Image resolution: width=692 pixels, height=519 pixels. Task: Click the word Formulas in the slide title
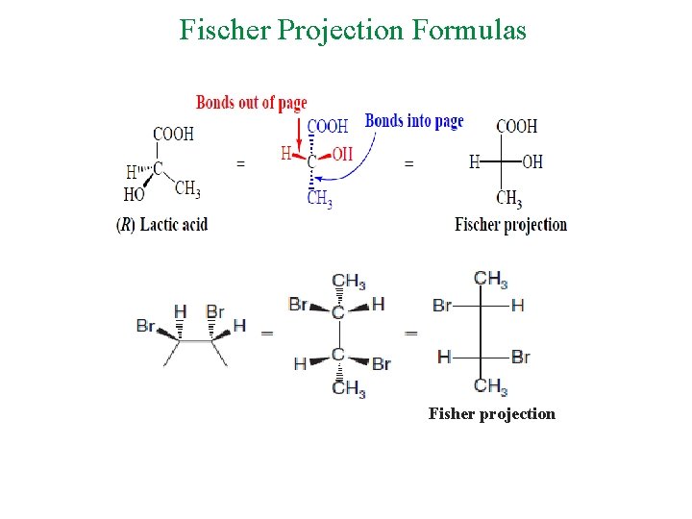470,30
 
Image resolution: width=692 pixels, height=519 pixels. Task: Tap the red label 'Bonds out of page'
252,103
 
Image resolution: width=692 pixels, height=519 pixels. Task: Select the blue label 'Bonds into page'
414,121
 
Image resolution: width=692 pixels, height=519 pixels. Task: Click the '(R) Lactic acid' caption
161,225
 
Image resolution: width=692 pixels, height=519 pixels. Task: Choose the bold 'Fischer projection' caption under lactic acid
510,225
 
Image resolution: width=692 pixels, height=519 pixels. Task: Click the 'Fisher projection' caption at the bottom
491,414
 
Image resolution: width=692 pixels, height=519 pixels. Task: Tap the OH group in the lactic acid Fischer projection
532,161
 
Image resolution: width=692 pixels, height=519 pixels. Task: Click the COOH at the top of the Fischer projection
516,126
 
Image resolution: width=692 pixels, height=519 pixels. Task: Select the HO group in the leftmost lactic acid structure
134,194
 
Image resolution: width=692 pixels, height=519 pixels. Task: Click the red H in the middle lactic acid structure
285,153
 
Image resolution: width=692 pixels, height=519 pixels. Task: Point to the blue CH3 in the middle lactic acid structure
319,199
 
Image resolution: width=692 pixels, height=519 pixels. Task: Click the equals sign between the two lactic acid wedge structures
240,164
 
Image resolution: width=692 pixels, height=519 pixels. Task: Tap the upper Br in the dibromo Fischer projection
442,306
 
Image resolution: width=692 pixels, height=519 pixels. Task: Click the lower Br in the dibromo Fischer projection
521,358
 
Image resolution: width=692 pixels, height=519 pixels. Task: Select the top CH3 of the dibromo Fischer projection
490,280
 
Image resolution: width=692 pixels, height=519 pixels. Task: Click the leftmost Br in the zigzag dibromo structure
146,326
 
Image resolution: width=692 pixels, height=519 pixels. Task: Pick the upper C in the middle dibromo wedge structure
337,313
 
